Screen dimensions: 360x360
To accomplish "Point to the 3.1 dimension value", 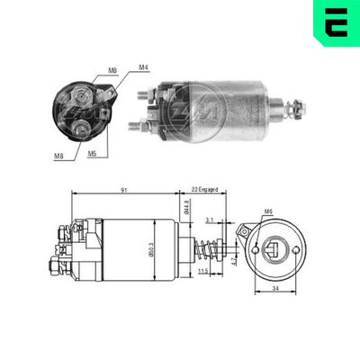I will pyautogui.click(x=209, y=219).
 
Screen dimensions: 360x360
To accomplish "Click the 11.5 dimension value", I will pyautogui.click(x=203, y=271).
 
